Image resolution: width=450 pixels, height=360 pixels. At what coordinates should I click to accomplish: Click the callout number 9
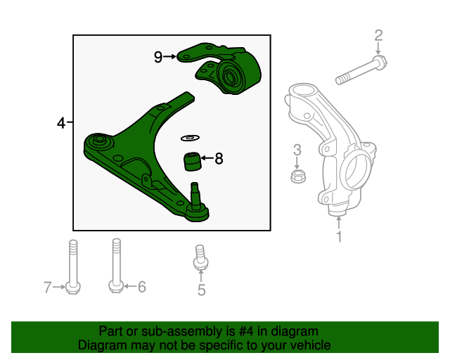pos(158,57)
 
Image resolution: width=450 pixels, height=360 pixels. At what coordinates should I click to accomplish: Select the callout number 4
pos(62,124)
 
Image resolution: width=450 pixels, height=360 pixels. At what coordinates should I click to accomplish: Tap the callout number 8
pos(219,159)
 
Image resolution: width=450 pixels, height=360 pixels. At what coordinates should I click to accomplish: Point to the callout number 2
pos(378,34)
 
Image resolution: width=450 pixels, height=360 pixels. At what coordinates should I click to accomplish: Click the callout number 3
pos(297,149)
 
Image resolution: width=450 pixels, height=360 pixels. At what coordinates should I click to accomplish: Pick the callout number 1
pos(339,237)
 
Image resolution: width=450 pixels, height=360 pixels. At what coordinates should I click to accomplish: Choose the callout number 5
pos(201,289)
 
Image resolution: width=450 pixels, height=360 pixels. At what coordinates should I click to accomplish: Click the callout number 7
pos(48,286)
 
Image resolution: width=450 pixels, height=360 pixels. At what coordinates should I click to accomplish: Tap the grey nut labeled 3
pos(297,174)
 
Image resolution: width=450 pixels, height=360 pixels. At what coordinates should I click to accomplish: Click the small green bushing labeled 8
pos(191,161)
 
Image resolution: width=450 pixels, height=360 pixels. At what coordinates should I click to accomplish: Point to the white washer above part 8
pos(190,136)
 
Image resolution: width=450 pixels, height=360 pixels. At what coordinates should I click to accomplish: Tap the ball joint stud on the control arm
pos(196,192)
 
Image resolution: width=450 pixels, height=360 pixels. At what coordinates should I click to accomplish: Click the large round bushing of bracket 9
pos(231,74)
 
